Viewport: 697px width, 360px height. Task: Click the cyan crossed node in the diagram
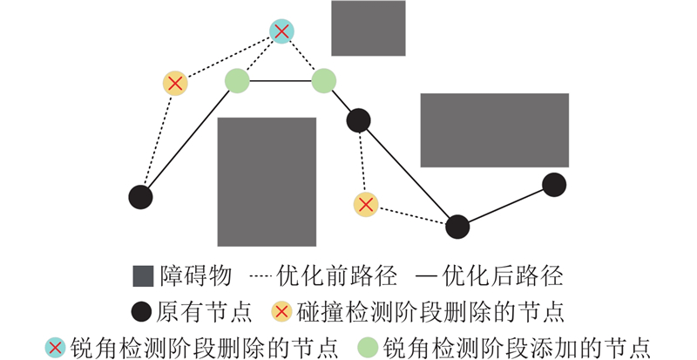click(x=281, y=32)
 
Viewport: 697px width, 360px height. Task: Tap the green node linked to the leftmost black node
click(x=237, y=81)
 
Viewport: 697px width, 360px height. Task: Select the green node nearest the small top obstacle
click(x=323, y=80)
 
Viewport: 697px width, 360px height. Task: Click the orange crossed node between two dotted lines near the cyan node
click(x=175, y=84)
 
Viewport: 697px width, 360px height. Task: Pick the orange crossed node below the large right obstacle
click(x=366, y=205)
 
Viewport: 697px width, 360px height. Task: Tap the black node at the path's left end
click(x=140, y=197)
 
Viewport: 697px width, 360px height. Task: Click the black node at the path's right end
click(x=554, y=185)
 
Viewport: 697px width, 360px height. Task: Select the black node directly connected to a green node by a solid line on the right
click(x=358, y=120)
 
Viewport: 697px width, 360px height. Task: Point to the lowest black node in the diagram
click(x=457, y=227)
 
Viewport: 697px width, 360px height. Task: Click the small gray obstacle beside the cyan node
click(x=368, y=28)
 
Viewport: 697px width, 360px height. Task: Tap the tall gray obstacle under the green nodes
click(x=266, y=181)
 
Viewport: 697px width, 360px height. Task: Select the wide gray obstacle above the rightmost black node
click(x=494, y=130)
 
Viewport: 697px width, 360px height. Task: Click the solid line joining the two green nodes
click(x=280, y=81)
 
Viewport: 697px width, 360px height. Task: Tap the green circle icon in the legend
click(x=369, y=346)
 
